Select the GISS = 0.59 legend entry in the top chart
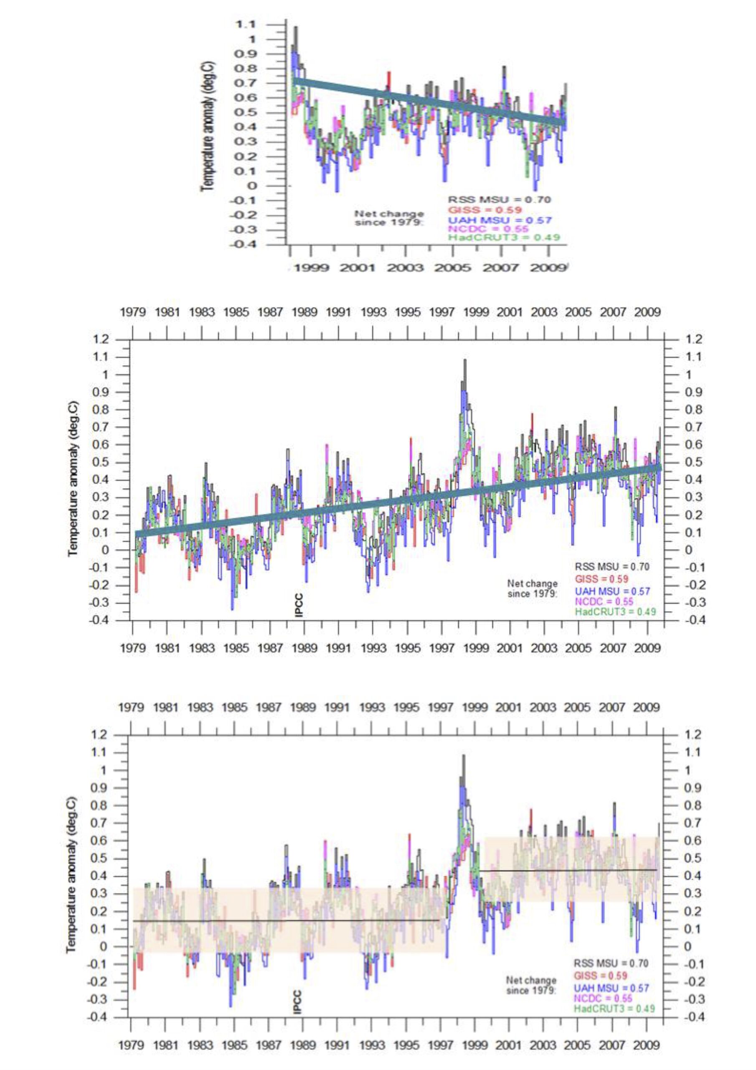tap(485, 210)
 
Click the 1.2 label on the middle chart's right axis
tap(693, 339)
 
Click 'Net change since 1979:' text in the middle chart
tap(532, 588)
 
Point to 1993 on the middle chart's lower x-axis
tap(373, 648)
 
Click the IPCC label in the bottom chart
tap(298, 1001)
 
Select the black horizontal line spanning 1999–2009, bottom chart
tap(571, 870)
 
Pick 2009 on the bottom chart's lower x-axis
tap(647, 1042)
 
